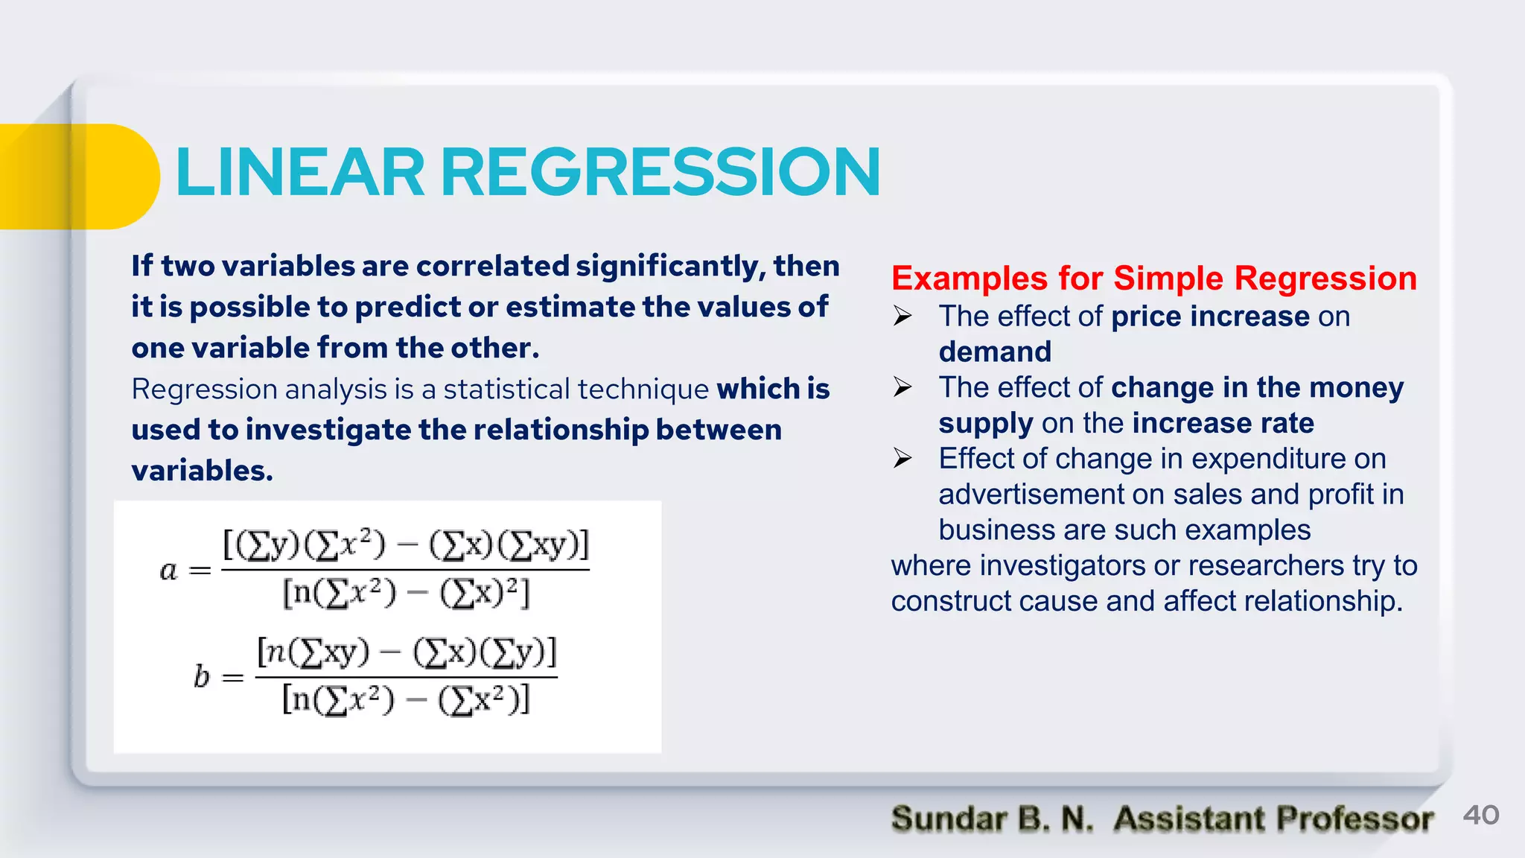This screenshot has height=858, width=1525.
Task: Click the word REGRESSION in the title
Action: [x=660, y=173]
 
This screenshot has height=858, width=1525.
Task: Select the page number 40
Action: [x=1480, y=815]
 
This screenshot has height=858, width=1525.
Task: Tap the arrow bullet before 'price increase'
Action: [x=902, y=317]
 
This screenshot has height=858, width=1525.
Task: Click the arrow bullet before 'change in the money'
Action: [x=902, y=387]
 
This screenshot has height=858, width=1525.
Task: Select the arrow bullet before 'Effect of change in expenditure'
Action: [x=902, y=458]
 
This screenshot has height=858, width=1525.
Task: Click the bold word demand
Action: [x=995, y=352]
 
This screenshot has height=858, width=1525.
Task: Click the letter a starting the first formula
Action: [x=168, y=571]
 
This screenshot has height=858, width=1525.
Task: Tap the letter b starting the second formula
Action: [x=202, y=676]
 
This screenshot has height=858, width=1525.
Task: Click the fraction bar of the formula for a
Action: [x=405, y=570]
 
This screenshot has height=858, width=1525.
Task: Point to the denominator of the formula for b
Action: [x=406, y=700]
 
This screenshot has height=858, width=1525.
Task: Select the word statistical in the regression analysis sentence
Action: [x=506, y=390]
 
